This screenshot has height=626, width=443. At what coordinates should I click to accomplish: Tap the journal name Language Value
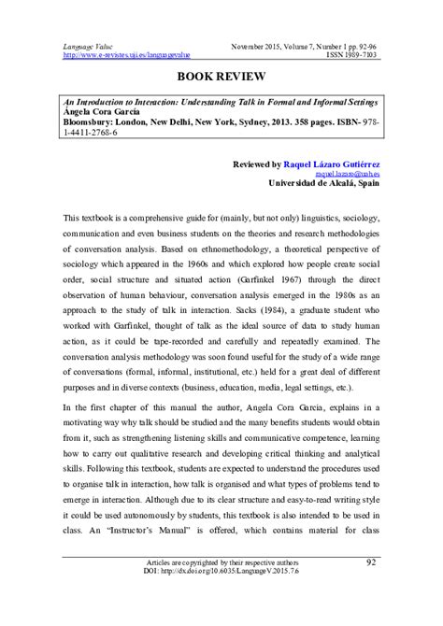[x=89, y=45]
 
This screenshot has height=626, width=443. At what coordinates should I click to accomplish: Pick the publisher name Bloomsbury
[x=94, y=121]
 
